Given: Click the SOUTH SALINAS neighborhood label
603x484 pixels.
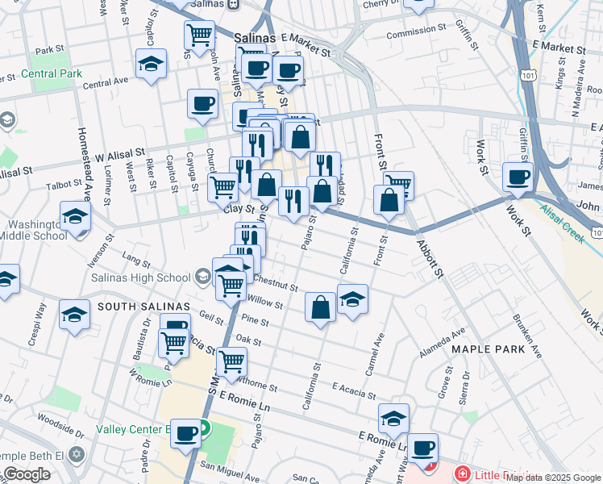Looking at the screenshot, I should click(x=143, y=307).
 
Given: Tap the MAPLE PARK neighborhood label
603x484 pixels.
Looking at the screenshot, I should click(x=489, y=349).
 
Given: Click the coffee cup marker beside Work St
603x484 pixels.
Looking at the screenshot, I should click(x=518, y=177).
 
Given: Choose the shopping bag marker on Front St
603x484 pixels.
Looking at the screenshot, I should click(x=389, y=200).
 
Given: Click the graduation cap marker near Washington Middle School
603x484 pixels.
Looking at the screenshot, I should click(x=75, y=218).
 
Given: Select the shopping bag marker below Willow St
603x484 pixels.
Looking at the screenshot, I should click(x=321, y=307).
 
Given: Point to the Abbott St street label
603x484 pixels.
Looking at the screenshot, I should click(x=430, y=257).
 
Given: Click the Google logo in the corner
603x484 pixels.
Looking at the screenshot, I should click(x=27, y=474).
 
